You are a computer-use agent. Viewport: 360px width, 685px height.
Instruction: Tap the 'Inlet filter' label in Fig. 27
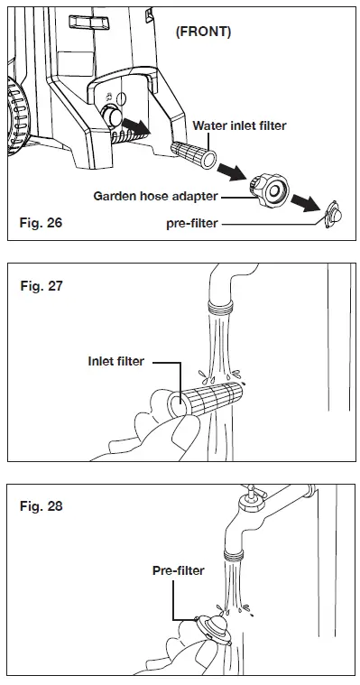pyautogui.click(x=115, y=361)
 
